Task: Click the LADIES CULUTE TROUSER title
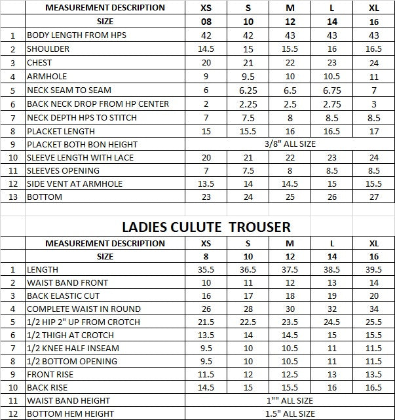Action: click(206, 227)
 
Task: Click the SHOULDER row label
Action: click(48, 49)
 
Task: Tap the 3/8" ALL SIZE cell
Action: click(290, 143)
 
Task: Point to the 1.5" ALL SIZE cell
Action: click(290, 413)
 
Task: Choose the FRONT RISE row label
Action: click(50, 374)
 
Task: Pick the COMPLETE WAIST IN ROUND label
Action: click(83, 309)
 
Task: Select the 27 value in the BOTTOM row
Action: click(373, 197)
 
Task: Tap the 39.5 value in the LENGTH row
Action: click(373, 269)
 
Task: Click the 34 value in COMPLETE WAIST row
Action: click(373, 309)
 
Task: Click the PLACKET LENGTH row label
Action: click(61, 131)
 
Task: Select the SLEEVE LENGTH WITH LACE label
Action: click(80, 158)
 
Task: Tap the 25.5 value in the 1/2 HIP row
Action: click(373, 322)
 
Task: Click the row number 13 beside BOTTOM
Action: click(12, 197)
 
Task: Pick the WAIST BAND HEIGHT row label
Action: click(68, 400)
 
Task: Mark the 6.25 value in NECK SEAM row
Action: click(248, 90)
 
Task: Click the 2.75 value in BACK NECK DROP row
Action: click(332, 104)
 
